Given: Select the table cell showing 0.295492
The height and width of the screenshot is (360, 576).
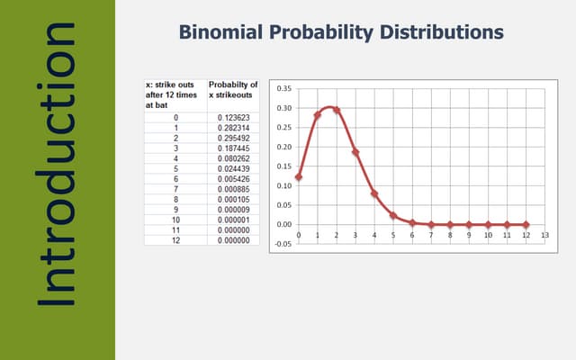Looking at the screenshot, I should [233, 138].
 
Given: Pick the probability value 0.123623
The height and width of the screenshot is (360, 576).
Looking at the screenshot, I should [233, 118].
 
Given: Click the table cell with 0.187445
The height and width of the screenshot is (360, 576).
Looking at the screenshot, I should [233, 148].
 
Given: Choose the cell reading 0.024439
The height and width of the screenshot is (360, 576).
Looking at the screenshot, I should [233, 167].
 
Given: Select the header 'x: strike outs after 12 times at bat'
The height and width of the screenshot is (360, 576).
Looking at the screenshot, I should [175, 94].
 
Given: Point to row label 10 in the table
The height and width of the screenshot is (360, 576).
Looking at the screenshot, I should [175, 218].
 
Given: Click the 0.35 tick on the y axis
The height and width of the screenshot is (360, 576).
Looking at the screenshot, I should [283, 89].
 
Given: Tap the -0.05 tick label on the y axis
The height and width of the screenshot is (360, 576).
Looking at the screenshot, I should [283, 243].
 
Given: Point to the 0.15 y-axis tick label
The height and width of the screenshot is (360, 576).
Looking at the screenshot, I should [283, 166].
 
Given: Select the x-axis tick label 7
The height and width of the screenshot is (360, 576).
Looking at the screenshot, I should [431, 235].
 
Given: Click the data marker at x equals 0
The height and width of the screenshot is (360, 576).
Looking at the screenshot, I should [298, 177].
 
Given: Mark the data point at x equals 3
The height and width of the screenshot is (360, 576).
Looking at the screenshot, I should [355, 152].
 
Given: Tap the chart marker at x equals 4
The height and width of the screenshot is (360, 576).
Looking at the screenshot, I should [374, 193].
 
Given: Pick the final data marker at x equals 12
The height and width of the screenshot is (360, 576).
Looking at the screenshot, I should [526, 224].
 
